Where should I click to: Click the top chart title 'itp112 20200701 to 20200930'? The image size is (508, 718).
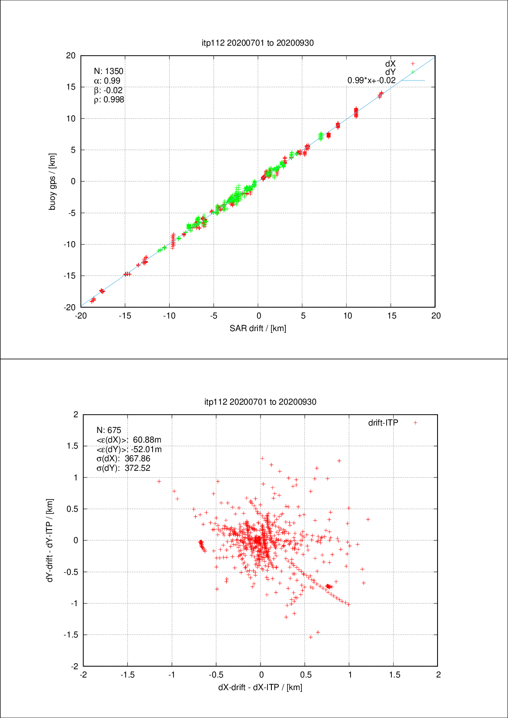point(257,43)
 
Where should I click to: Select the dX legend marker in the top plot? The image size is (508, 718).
point(413,64)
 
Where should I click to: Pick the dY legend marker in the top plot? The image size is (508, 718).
point(413,72)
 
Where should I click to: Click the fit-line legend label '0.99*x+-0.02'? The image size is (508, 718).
point(371,81)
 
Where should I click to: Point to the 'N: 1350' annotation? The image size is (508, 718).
point(109,71)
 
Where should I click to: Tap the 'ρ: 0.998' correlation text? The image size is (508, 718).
point(109,100)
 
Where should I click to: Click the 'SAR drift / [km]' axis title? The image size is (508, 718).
point(258,328)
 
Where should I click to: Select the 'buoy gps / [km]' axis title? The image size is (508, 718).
point(52,181)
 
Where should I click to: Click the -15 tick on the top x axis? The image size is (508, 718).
point(125,316)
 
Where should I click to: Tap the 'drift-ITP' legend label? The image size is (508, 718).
point(383,423)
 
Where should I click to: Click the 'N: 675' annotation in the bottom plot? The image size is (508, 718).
point(109,430)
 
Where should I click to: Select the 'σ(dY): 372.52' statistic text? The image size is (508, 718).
point(123,468)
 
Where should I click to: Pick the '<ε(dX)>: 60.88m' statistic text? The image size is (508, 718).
point(129,440)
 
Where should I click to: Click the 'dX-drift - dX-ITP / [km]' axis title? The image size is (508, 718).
point(260,687)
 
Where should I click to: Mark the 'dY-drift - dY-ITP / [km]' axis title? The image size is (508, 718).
point(50,540)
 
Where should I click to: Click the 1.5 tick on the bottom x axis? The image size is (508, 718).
point(394,675)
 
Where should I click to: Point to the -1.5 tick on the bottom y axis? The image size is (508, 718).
point(71,635)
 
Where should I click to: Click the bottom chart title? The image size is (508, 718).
point(260,402)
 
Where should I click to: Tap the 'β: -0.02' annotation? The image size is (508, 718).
point(108,90)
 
